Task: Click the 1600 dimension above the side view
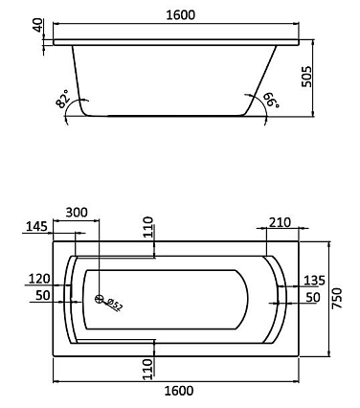(x=181, y=14)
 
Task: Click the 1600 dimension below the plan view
(x=179, y=391)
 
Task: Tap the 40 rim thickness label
(x=38, y=25)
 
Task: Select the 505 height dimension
(x=307, y=77)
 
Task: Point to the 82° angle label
(x=62, y=99)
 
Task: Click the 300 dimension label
(x=77, y=213)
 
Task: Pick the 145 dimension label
(x=36, y=226)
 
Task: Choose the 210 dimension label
(x=280, y=222)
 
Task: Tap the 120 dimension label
(x=39, y=279)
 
